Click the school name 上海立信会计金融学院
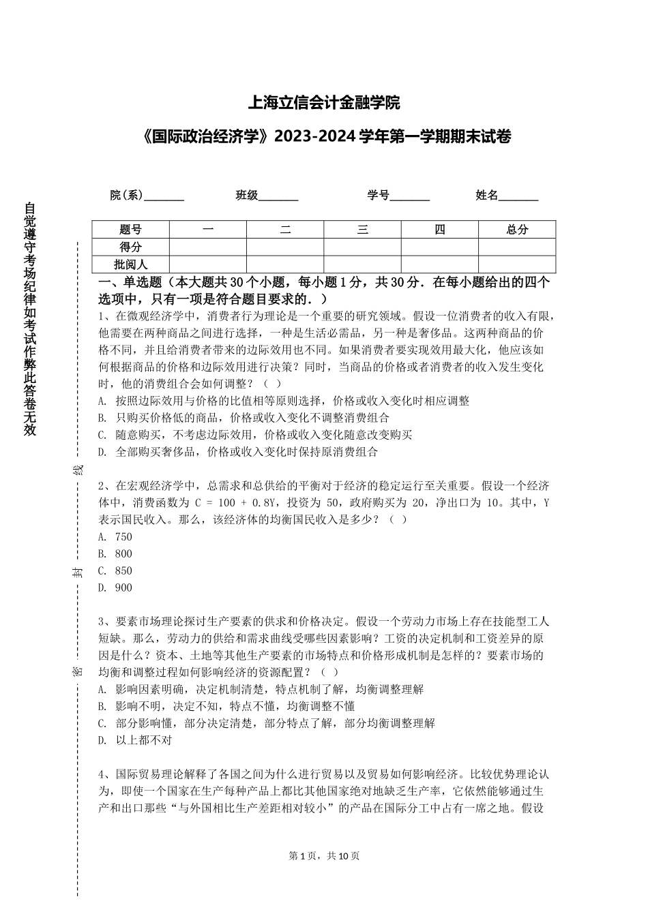tap(323, 104)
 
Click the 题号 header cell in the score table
tap(130, 230)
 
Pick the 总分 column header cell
tap(517, 230)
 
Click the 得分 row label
tap(130, 247)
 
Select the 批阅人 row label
tap(130, 264)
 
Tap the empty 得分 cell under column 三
tap(362, 247)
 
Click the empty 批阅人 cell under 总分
tap(517, 264)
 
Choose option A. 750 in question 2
tap(115, 537)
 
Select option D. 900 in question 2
tap(115, 588)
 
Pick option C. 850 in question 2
tap(115, 571)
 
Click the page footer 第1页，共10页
tap(324, 856)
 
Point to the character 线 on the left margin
tap(78, 470)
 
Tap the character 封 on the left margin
tap(78, 571)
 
